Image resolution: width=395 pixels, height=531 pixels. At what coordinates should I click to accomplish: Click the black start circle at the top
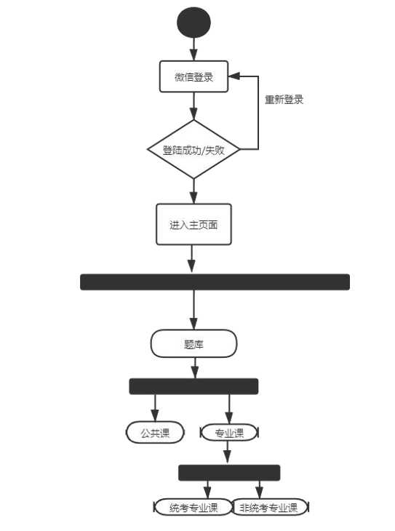pyautogui.click(x=193, y=23)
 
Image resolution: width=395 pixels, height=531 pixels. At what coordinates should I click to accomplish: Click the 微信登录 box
pyautogui.click(x=193, y=76)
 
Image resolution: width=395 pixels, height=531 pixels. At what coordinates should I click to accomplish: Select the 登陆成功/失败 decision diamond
pyautogui.click(x=193, y=150)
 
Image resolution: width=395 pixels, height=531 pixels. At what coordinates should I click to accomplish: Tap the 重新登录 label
pyautogui.click(x=284, y=100)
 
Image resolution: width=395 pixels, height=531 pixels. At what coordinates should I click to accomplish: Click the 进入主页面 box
pyautogui.click(x=193, y=224)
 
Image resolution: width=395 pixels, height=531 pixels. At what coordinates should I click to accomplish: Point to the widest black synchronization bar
pyautogui.click(x=215, y=282)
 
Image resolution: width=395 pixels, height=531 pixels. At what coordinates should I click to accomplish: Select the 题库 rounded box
pyautogui.click(x=193, y=343)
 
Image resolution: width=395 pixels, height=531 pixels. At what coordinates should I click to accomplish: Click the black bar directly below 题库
pyautogui.click(x=193, y=386)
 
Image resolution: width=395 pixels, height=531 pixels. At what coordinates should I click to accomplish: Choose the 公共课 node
pyautogui.click(x=154, y=433)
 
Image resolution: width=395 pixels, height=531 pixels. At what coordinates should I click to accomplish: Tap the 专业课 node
pyautogui.click(x=229, y=434)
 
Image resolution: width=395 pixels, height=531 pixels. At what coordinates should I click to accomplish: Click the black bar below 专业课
pyautogui.click(x=229, y=473)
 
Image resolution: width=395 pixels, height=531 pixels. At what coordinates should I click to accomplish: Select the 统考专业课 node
pyautogui.click(x=193, y=507)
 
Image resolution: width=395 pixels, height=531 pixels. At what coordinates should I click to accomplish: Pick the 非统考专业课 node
pyautogui.click(x=269, y=507)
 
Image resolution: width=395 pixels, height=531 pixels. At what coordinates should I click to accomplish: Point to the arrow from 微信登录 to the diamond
pyautogui.click(x=193, y=106)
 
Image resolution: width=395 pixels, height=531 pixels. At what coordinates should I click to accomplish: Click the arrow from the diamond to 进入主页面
pyautogui.click(x=193, y=191)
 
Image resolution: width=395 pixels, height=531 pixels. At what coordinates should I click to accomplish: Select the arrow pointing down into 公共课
pyautogui.click(x=154, y=408)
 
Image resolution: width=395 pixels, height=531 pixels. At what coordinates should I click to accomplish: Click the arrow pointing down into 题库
pyautogui.click(x=193, y=311)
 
